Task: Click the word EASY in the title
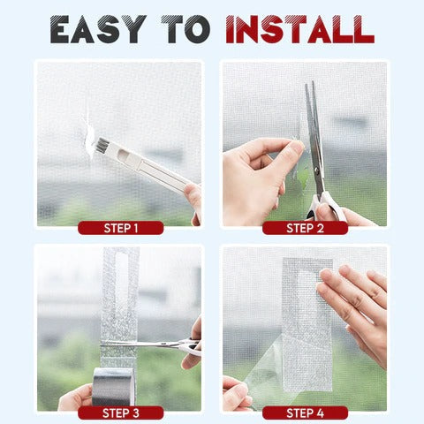pos(98,28)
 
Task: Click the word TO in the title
pos(188,28)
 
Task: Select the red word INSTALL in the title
pos(299,28)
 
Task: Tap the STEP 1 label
pos(120,228)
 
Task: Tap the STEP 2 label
pos(305,228)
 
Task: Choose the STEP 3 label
pos(120,413)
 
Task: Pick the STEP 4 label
pos(305,413)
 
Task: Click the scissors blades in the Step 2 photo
pos(314,132)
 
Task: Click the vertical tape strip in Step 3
pos(119,291)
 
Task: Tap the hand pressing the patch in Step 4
pos(358,305)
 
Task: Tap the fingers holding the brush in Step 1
pos(193,199)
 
